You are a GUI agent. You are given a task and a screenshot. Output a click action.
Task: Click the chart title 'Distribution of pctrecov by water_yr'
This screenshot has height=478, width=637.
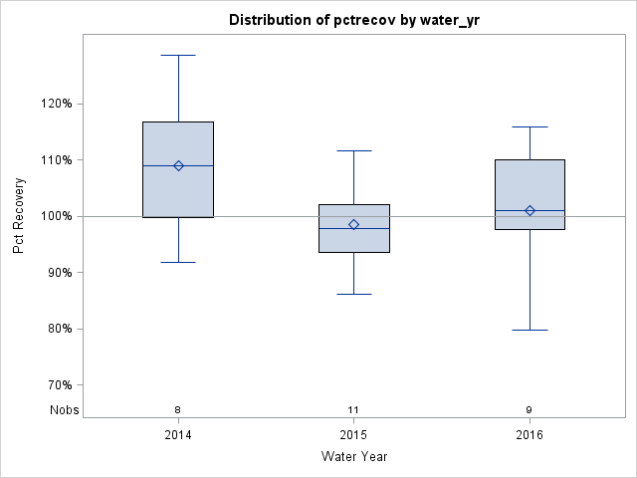[x=353, y=20]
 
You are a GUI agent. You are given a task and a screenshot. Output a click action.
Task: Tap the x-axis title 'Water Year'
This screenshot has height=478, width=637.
[x=353, y=456]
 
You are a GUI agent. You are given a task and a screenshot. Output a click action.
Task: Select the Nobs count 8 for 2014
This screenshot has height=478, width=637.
[x=178, y=409]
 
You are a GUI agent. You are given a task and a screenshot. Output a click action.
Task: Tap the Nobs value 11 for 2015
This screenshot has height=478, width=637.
[x=353, y=409]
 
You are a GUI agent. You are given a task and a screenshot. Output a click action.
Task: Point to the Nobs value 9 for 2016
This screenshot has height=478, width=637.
[x=530, y=409]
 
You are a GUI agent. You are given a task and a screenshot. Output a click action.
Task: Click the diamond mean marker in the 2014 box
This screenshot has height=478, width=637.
[x=178, y=165]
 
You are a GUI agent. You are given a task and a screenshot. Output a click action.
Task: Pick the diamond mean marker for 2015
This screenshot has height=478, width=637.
[x=353, y=224]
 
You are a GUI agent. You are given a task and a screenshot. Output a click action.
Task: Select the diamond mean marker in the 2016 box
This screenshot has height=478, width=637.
[x=530, y=210]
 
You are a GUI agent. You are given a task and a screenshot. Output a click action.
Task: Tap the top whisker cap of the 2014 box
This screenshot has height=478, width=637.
[x=178, y=56]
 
